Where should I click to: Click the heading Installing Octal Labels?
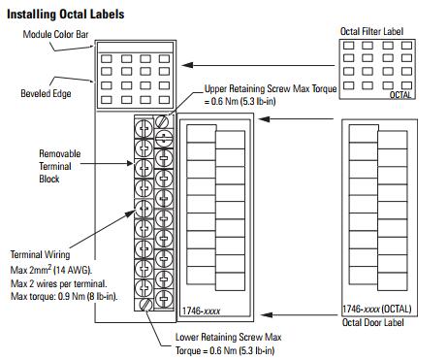66,15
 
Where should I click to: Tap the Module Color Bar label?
55,34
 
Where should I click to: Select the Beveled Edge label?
46,93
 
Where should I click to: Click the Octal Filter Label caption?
371,31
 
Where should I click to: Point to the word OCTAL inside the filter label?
400,95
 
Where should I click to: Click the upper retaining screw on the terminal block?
162,121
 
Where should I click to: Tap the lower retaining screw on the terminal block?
146,305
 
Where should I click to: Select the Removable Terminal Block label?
60,166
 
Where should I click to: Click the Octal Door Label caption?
373,322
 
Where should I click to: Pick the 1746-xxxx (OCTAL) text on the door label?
377,309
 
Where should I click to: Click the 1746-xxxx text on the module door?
201,311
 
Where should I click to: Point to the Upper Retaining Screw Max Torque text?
271,88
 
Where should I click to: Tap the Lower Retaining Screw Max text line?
229,337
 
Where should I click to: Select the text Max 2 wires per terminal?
58,283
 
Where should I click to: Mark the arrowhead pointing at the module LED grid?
187,65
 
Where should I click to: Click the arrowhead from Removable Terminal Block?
130,163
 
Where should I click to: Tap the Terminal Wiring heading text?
40,254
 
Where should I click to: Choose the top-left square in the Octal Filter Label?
348,46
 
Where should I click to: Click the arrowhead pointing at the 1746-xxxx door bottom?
267,314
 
